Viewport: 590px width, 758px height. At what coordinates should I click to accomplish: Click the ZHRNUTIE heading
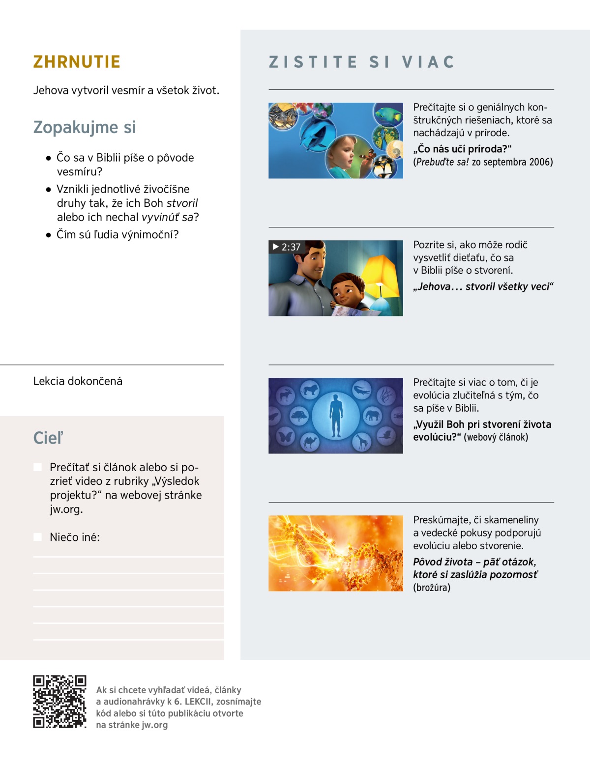[x=77, y=62]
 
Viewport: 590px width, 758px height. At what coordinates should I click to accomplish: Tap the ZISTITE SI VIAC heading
[x=361, y=62]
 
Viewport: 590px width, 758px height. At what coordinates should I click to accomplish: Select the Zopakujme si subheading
[x=84, y=127]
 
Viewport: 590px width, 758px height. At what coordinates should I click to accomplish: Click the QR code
[x=59, y=702]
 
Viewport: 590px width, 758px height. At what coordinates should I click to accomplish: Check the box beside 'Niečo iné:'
[x=38, y=537]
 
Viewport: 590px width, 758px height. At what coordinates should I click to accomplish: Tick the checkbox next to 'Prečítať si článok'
[x=38, y=467]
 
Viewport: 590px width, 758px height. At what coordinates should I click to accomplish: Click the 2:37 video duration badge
[x=286, y=247]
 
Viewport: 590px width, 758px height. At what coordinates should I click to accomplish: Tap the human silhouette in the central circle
[x=336, y=416]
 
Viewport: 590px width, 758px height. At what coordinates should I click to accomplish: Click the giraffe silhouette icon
[x=362, y=442]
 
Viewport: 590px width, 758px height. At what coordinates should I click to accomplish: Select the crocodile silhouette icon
[x=361, y=391]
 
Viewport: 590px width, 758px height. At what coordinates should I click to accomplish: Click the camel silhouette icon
[x=310, y=442]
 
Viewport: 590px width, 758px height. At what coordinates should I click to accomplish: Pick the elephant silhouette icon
[x=372, y=416]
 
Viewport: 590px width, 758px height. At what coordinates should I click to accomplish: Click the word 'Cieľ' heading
[x=48, y=438]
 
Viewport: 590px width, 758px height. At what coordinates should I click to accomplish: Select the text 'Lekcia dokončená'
[x=78, y=381]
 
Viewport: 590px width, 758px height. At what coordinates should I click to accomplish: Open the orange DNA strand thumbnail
[x=336, y=553]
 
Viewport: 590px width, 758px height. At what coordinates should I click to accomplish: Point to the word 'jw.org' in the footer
[x=154, y=725]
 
